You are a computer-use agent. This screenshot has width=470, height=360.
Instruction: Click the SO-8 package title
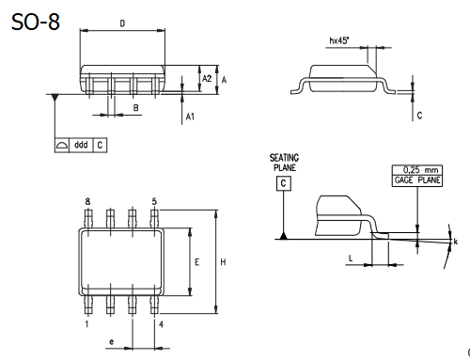pyautogui.click(x=36, y=21)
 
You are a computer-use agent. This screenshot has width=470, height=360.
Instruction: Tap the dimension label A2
pyautogui.click(x=207, y=79)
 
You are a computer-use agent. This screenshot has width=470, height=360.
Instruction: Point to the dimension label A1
pyautogui.click(x=190, y=116)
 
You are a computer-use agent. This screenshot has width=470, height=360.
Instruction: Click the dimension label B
pyautogui.click(x=136, y=108)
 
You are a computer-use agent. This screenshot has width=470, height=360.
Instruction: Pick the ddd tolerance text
pyautogui.click(x=81, y=146)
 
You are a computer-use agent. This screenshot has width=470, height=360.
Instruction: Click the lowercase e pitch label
pyautogui.click(x=112, y=342)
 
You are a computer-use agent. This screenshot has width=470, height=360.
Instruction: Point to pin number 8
pyautogui.click(x=87, y=202)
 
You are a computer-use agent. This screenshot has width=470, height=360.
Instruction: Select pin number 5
pyautogui.click(x=154, y=202)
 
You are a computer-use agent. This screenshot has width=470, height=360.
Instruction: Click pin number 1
pyautogui.click(x=87, y=324)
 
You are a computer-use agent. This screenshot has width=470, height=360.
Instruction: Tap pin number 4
pyautogui.click(x=161, y=324)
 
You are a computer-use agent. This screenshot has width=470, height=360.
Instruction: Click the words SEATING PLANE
pyautogui.click(x=283, y=163)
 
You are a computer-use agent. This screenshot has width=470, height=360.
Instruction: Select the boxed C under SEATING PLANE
pyautogui.click(x=282, y=183)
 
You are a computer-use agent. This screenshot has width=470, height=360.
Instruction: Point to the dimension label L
pyautogui.click(x=350, y=257)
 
